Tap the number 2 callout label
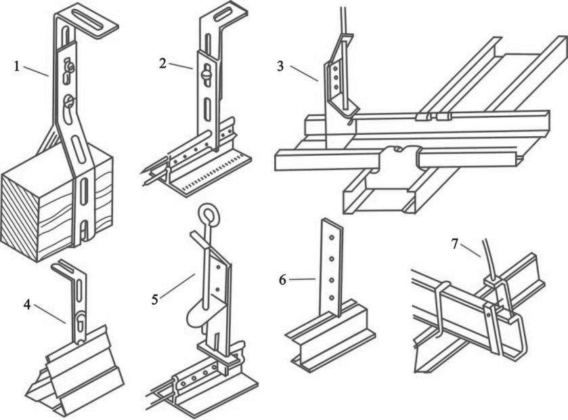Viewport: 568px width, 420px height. pos(163,63)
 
